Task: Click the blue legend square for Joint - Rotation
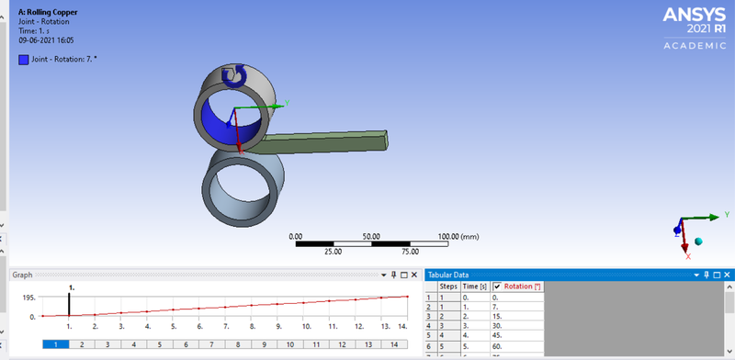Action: click(x=23, y=60)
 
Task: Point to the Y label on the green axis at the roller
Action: click(x=288, y=103)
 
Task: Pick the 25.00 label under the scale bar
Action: click(x=334, y=251)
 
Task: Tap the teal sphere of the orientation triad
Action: click(x=698, y=242)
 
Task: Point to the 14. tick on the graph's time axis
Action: click(x=401, y=326)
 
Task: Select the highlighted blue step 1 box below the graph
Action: click(x=56, y=344)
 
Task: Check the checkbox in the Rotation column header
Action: click(x=497, y=287)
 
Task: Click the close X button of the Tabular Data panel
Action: click(x=727, y=274)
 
